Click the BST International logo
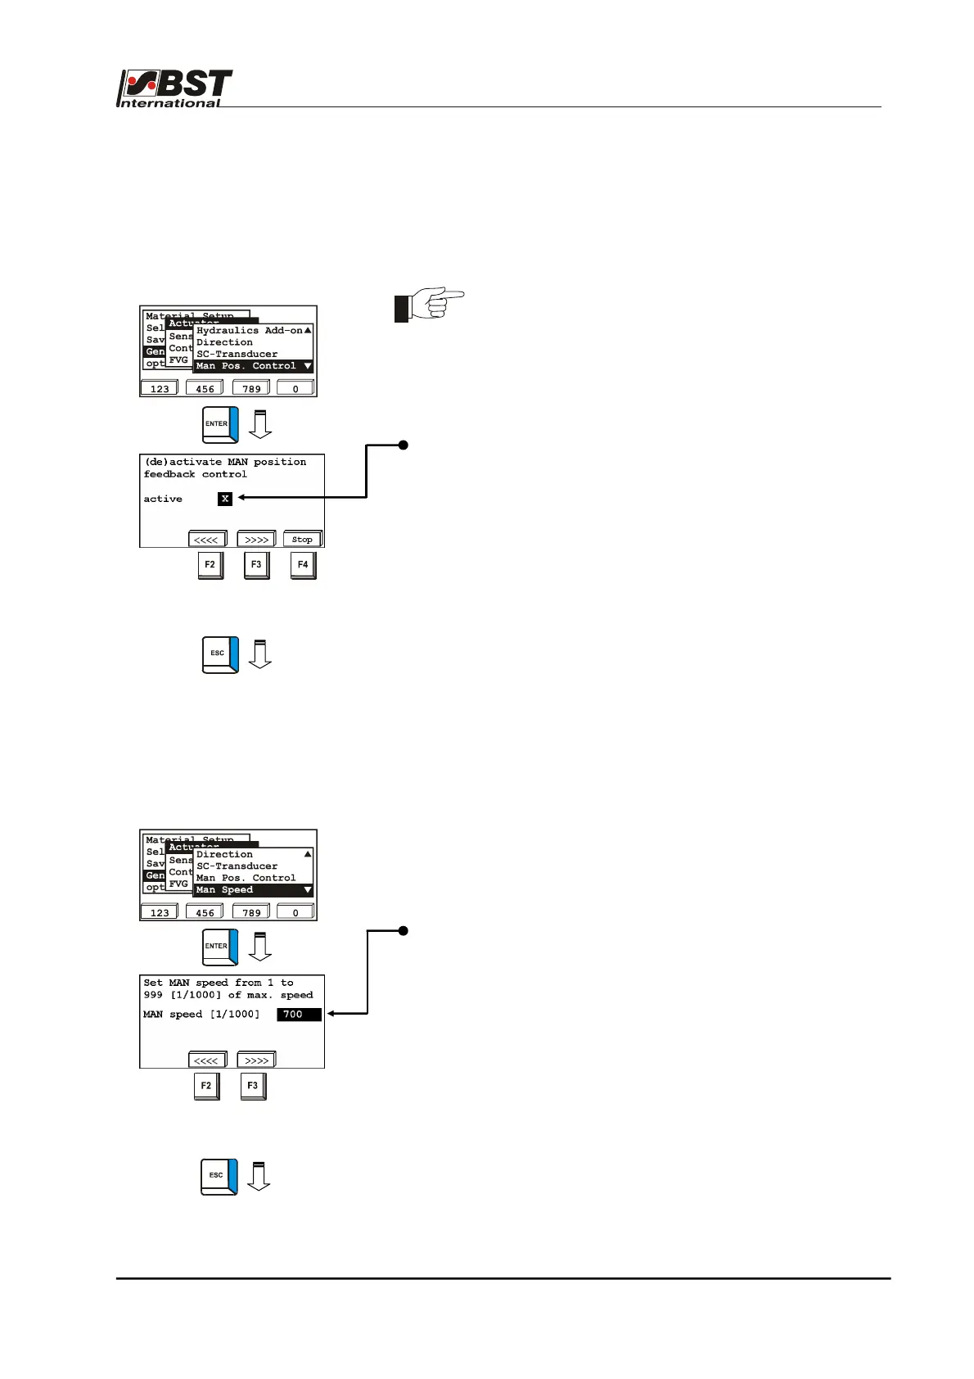click(x=174, y=88)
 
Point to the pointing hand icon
click(x=429, y=304)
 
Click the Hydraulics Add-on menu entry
click(x=249, y=330)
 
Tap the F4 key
click(x=303, y=565)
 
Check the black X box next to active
click(x=225, y=499)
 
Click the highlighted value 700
click(x=298, y=1015)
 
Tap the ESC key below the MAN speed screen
click(x=219, y=1176)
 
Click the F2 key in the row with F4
click(x=210, y=565)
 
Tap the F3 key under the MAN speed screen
click(x=253, y=1087)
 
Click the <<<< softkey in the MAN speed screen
click(x=206, y=1060)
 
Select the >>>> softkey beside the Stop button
click(x=256, y=540)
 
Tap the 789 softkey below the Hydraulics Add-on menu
click(x=251, y=388)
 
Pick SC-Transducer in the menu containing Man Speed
click(x=237, y=866)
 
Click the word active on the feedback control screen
click(x=163, y=499)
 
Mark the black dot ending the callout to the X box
click(x=404, y=445)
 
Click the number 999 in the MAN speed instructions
click(x=153, y=996)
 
